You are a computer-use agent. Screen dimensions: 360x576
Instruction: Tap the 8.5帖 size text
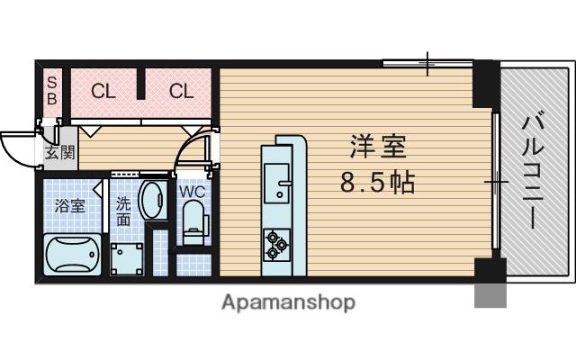pyautogui.click(x=376, y=184)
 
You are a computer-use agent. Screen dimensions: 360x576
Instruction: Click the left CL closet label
pyautogui.click(x=103, y=90)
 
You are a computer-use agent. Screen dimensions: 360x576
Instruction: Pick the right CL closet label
pyautogui.click(x=181, y=90)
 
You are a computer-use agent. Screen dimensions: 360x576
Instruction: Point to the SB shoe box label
pyautogui.click(x=50, y=90)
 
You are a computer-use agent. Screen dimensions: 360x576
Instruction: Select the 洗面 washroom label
pyautogui.click(x=123, y=211)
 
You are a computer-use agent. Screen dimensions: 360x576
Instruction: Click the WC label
pyautogui.click(x=192, y=192)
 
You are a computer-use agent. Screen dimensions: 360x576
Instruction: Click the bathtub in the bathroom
pyautogui.click(x=72, y=254)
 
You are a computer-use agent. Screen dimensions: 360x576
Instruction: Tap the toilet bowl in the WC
pyautogui.click(x=192, y=220)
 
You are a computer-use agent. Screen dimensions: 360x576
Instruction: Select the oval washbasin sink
pyautogui.click(x=153, y=200)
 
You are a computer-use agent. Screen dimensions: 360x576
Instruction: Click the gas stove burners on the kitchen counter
pyautogui.click(x=275, y=243)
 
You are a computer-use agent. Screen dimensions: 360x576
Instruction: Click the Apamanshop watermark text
pyautogui.click(x=288, y=301)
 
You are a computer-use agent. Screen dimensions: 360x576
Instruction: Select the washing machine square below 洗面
pyautogui.click(x=127, y=256)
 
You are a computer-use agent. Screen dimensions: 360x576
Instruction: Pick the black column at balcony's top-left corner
pyautogui.click(x=485, y=81)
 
